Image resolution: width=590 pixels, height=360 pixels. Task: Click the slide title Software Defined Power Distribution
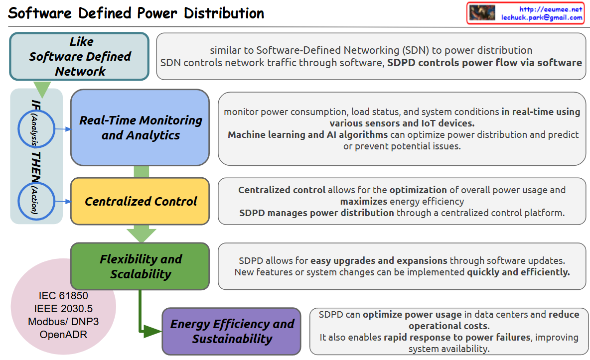136,13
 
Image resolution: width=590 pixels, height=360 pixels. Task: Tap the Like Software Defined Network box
79,56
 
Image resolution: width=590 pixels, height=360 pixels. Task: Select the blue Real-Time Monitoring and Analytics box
140,127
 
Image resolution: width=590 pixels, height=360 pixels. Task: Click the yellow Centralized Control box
140,201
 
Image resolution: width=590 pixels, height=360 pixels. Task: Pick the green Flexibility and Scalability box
140,266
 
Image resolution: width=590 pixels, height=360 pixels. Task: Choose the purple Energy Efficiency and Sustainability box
232,331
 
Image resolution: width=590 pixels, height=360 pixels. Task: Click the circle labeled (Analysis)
35,128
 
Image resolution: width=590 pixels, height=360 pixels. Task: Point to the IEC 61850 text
63,296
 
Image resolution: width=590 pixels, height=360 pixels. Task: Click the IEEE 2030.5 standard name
63,309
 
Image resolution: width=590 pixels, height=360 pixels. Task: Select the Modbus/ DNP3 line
63,322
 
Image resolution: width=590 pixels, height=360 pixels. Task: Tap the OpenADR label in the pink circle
63,334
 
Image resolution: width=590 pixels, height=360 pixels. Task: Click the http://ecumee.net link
550,9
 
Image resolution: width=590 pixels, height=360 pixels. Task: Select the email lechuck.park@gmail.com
542,17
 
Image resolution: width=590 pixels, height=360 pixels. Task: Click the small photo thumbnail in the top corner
482,13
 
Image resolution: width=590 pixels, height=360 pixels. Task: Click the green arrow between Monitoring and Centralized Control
142,171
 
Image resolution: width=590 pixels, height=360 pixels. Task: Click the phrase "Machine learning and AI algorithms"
307,134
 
